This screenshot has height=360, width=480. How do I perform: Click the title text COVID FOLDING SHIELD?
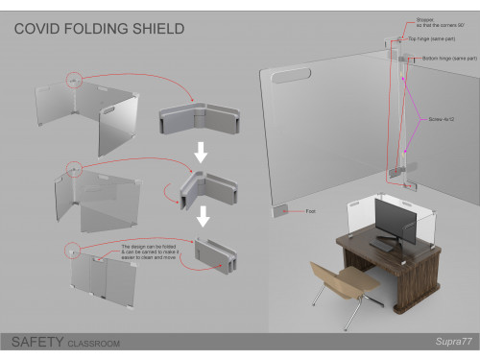[x=99, y=29]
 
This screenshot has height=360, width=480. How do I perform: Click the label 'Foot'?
[x=310, y=210]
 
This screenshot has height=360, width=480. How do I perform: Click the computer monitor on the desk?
[x=394, y=222]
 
